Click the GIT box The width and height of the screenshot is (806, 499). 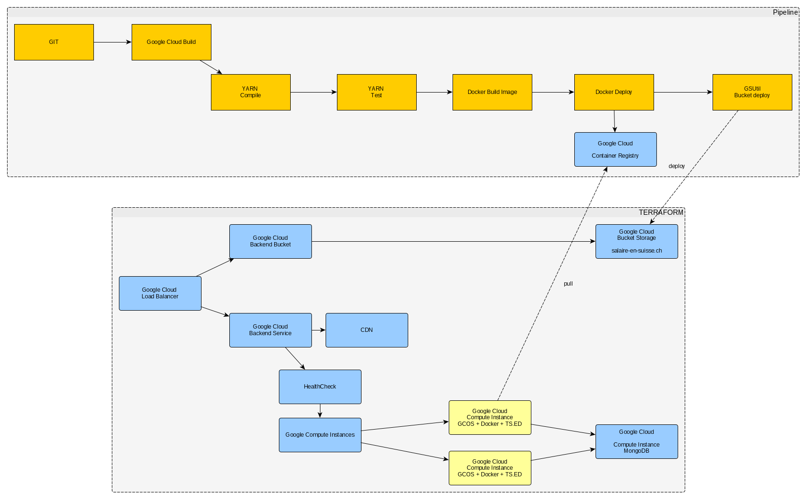point(54,42)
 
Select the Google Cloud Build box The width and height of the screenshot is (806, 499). point(171,42)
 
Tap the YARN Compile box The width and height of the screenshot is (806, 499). point(251,92)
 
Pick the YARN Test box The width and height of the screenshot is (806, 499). point(377,92)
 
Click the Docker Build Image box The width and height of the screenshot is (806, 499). point(492,92)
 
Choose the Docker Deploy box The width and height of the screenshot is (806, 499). point(614,92)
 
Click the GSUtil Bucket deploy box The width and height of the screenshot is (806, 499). point(752,92)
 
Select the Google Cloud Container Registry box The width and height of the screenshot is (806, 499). point(615,149)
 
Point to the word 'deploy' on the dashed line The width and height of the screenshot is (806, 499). point(676,166)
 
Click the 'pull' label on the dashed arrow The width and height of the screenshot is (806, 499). point(568,284)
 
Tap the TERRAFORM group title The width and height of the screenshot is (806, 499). point(661,212)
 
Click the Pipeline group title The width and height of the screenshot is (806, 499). point(785,12)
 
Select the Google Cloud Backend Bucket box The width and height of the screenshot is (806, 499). point(270,241)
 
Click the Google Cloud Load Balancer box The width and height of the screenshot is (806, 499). point(160,293)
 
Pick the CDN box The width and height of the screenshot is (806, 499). point(367,330)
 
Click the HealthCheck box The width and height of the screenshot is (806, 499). point(320,387)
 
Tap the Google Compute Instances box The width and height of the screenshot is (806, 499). point(320,435)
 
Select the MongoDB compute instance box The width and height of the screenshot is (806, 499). point(637,441)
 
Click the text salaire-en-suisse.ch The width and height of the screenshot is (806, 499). point(637,251)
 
